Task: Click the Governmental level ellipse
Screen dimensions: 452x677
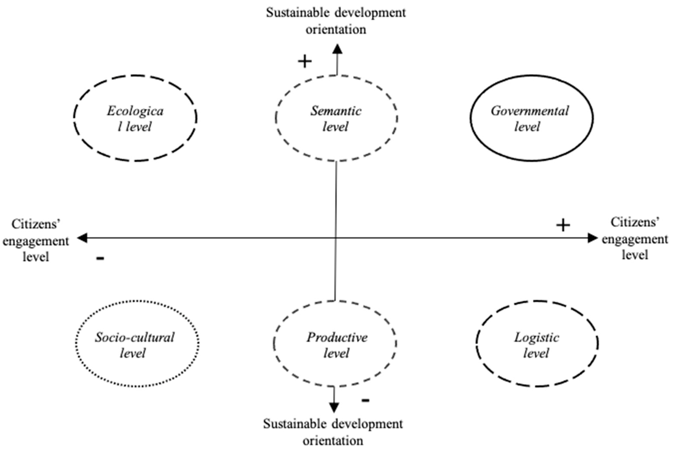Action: tap(531, 118)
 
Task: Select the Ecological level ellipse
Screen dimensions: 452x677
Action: tap(135, 118)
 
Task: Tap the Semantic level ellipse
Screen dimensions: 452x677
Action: tap(336, 118)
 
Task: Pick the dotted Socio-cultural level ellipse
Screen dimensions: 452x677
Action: tap(137, 343)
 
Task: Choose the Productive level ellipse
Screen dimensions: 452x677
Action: tap(335, 343)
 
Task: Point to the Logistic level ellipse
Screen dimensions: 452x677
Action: tap(537, 343)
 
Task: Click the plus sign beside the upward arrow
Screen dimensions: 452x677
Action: tap(305, 61)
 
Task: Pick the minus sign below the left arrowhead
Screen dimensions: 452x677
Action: tap(100, 258)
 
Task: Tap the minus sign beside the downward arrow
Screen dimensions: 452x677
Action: tap(365, 400)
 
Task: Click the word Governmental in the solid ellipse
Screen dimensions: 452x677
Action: tap(530, 111)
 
